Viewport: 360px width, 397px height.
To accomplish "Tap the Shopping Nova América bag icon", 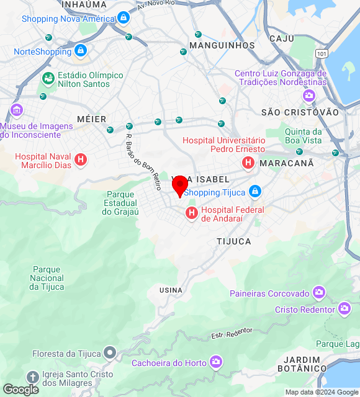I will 124,18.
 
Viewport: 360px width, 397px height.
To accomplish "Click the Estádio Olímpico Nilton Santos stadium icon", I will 48,79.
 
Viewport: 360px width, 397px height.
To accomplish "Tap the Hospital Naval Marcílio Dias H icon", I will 80,161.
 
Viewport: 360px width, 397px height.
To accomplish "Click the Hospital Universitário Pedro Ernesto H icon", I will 248,163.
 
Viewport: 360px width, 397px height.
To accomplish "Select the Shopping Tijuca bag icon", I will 254,192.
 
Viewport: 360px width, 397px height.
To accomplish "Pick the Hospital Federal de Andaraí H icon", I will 192,214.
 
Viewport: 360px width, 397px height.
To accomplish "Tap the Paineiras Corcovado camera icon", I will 319,292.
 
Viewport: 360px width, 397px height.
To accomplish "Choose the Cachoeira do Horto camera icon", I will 216,362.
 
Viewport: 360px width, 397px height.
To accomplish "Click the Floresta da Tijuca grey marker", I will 110,354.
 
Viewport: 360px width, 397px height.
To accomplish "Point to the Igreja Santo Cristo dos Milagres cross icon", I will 33,377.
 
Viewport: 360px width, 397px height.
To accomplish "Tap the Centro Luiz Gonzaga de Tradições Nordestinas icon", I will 308,96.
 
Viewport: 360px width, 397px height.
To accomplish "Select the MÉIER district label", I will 92,118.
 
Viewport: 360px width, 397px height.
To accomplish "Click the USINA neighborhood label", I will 171,290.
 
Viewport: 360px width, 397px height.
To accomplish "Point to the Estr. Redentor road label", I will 232,333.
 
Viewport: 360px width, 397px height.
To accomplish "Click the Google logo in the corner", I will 20,390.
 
